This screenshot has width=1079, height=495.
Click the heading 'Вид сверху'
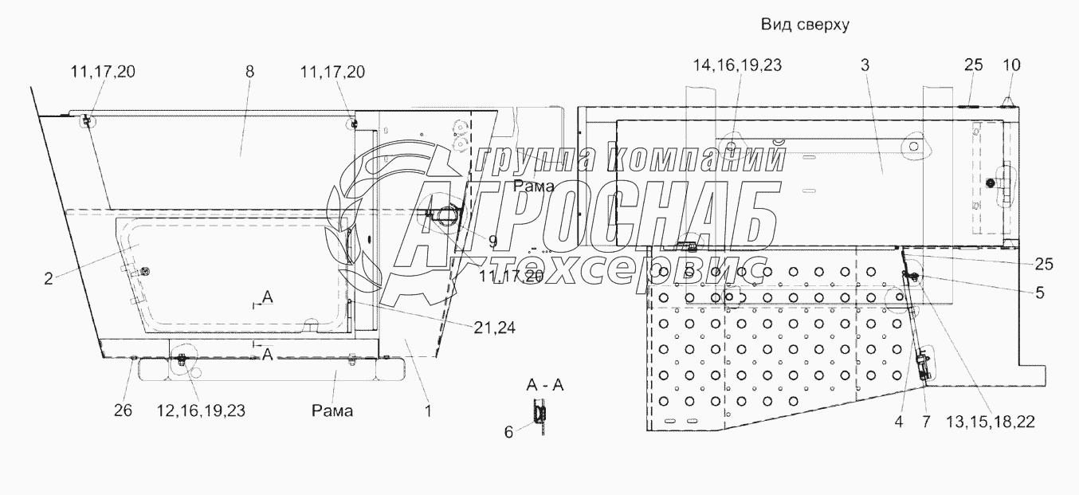805,24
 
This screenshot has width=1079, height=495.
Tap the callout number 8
249,72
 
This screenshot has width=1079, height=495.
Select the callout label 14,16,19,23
737,65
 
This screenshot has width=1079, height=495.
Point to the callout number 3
865,65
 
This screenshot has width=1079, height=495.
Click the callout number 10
1011,65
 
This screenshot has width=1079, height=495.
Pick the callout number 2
48,279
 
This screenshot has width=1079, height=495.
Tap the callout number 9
492,242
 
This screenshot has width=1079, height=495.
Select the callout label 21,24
494,328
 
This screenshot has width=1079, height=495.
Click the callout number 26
123,411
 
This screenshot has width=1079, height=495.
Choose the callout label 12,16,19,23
201,411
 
